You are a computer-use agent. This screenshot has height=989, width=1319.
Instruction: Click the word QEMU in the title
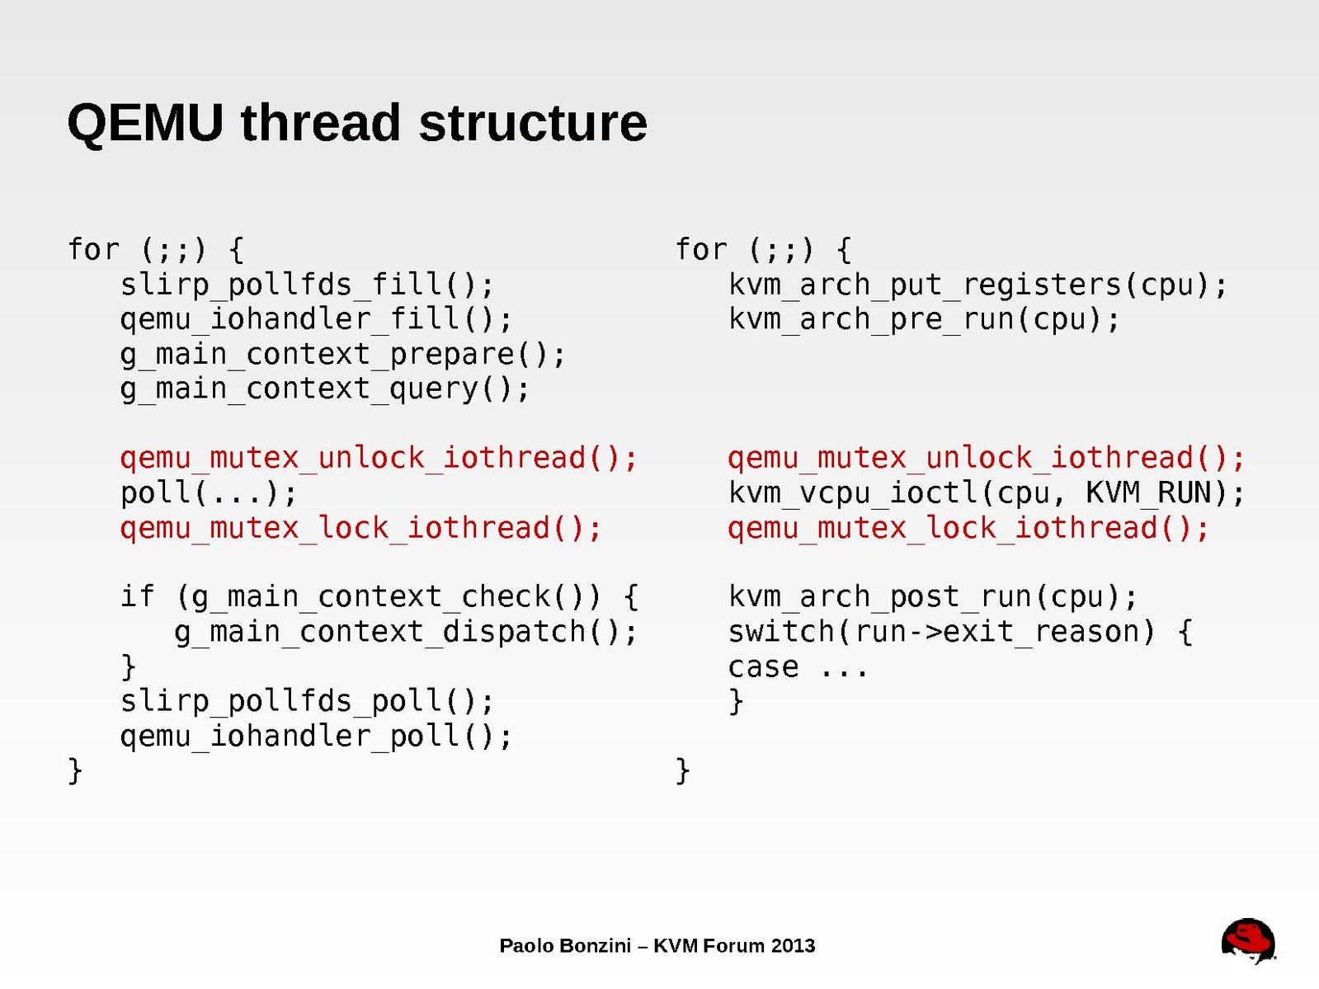click(145, 123)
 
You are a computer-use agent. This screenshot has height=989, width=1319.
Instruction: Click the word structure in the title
click(532, 123)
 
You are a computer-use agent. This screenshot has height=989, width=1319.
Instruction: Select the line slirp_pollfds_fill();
click(307, 285)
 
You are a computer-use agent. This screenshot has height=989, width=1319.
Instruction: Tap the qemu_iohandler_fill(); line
click(316, 319)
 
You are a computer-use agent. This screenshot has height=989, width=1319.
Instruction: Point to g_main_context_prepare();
click(342, 354)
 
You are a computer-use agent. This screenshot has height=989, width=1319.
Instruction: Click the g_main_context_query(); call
click(325, 389)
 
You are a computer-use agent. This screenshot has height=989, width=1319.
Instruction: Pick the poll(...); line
click(209, 492)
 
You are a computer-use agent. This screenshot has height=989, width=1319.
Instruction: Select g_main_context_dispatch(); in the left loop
click(406, 632)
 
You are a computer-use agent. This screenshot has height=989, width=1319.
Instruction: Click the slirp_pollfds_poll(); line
click(307, 701)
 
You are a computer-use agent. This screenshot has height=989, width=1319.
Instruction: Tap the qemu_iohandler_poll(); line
click(316, 736)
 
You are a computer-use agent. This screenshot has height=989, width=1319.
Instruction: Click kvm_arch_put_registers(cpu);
click(977, 285)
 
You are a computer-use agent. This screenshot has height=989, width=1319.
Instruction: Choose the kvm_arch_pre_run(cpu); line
click(924, 319)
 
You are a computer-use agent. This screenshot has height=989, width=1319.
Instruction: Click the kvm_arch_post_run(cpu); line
click(933, 596)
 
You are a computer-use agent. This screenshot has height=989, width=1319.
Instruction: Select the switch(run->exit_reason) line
click(959, 632)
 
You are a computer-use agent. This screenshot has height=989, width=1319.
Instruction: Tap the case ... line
click(798, 666)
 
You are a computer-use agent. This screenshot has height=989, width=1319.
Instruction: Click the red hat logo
click(1248, 940)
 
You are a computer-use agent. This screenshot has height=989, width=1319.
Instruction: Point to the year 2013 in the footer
click(793, 945)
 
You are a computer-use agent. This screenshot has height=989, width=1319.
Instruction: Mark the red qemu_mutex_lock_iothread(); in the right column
click(968, 528)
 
